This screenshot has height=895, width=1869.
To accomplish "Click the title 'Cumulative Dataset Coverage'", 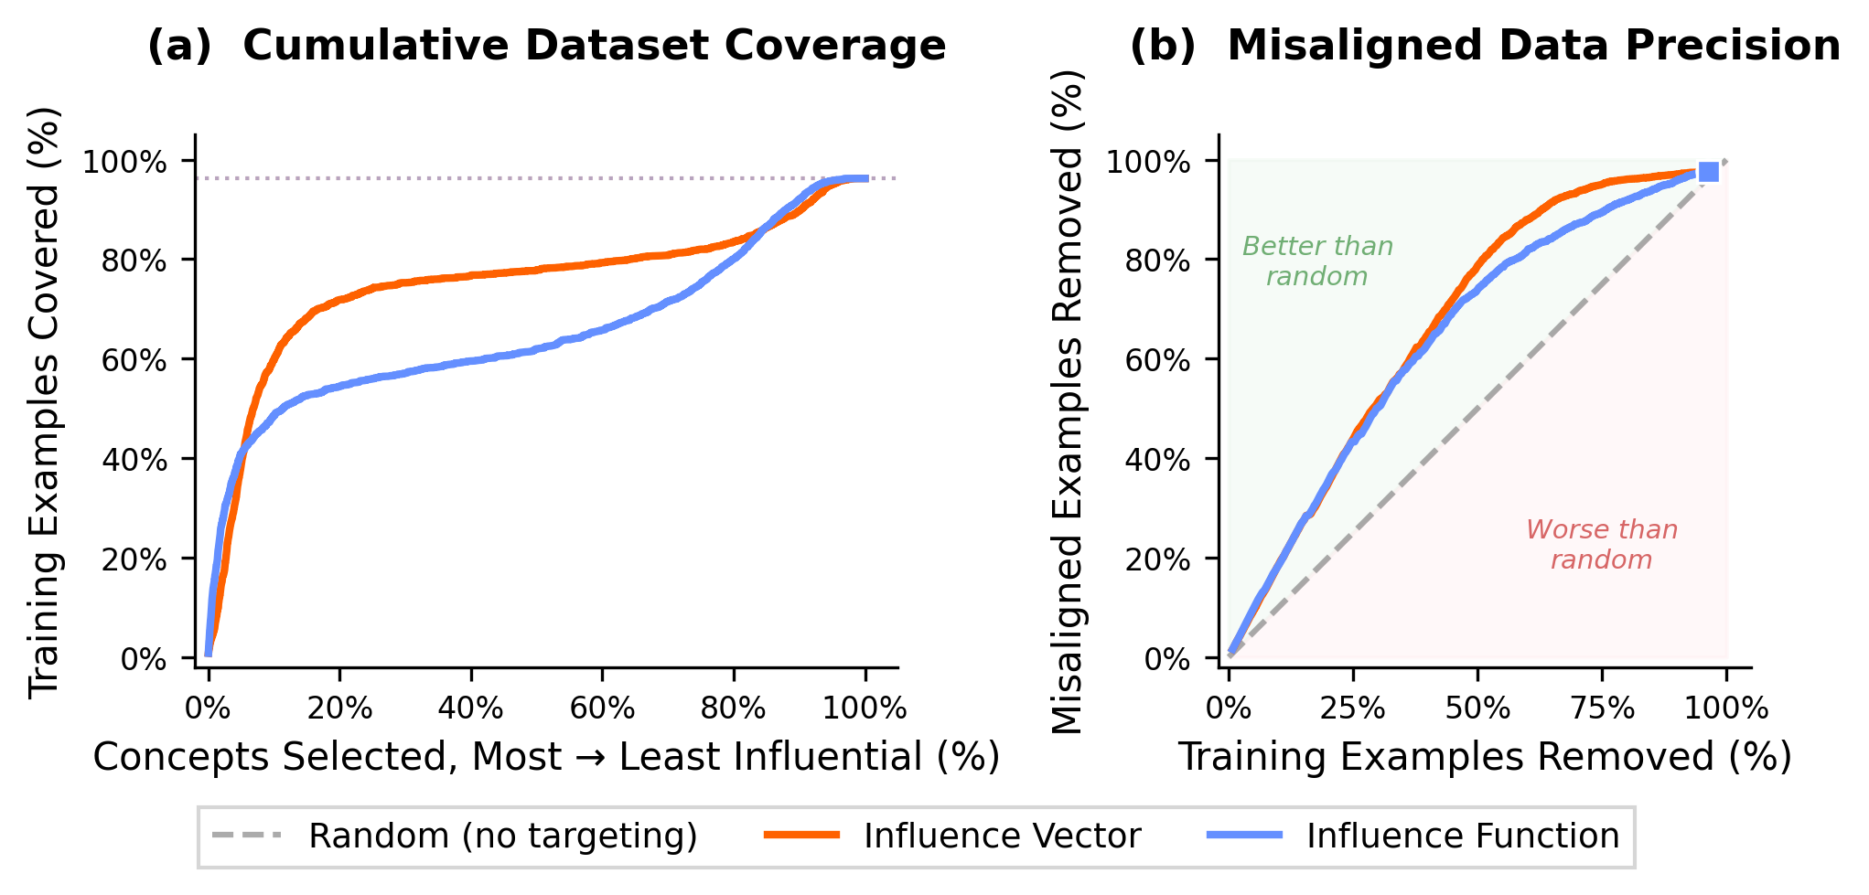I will point(594,46).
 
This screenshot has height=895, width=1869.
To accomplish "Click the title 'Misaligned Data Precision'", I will point(1533,46).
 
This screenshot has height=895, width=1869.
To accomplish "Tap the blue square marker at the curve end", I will point(1707,172).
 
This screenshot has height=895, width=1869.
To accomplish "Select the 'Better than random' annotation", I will point(1317,261).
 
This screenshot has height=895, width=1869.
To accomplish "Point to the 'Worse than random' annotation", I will point(1601,544).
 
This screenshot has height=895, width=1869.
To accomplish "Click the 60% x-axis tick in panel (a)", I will point(602,708).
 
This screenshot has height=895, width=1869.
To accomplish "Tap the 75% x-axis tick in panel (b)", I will point(1602,708).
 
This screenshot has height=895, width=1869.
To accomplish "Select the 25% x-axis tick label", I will point(1353,708).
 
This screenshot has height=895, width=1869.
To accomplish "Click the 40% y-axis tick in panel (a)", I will point(134,460).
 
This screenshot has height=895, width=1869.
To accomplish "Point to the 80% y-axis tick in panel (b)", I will point(1157,261).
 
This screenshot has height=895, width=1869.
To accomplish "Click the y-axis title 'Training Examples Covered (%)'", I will point(44,402).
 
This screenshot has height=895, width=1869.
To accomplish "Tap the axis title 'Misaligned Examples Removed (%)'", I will point(1067,402).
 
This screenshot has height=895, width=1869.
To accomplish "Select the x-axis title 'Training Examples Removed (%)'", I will point(1484,757).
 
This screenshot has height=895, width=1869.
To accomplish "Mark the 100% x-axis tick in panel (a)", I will point(865,708).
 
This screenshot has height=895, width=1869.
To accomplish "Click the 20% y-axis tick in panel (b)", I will point(1157,559).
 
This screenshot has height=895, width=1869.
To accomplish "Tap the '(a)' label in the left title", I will point(179,46).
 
